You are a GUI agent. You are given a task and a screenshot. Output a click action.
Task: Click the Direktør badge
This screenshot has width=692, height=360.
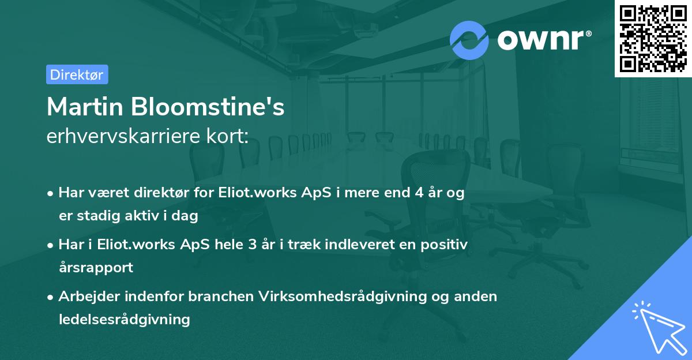pyautogui.click(x=77, y=74)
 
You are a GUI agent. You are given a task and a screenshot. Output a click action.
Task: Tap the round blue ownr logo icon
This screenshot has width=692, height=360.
pyautogui.click(x=469, y=40)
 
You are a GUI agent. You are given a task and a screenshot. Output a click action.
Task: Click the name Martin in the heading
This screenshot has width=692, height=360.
pyautogui.click(x=86, y=107)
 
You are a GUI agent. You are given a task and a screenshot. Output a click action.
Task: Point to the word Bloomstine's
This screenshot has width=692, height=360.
pyautogui.click(x=208, y=107)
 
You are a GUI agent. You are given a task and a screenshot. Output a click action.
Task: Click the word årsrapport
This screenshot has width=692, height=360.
pyautogui.click(x=96, y=267)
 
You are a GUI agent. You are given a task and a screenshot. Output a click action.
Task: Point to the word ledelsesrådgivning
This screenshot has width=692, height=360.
pyautogui.click(x=124, y=319)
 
